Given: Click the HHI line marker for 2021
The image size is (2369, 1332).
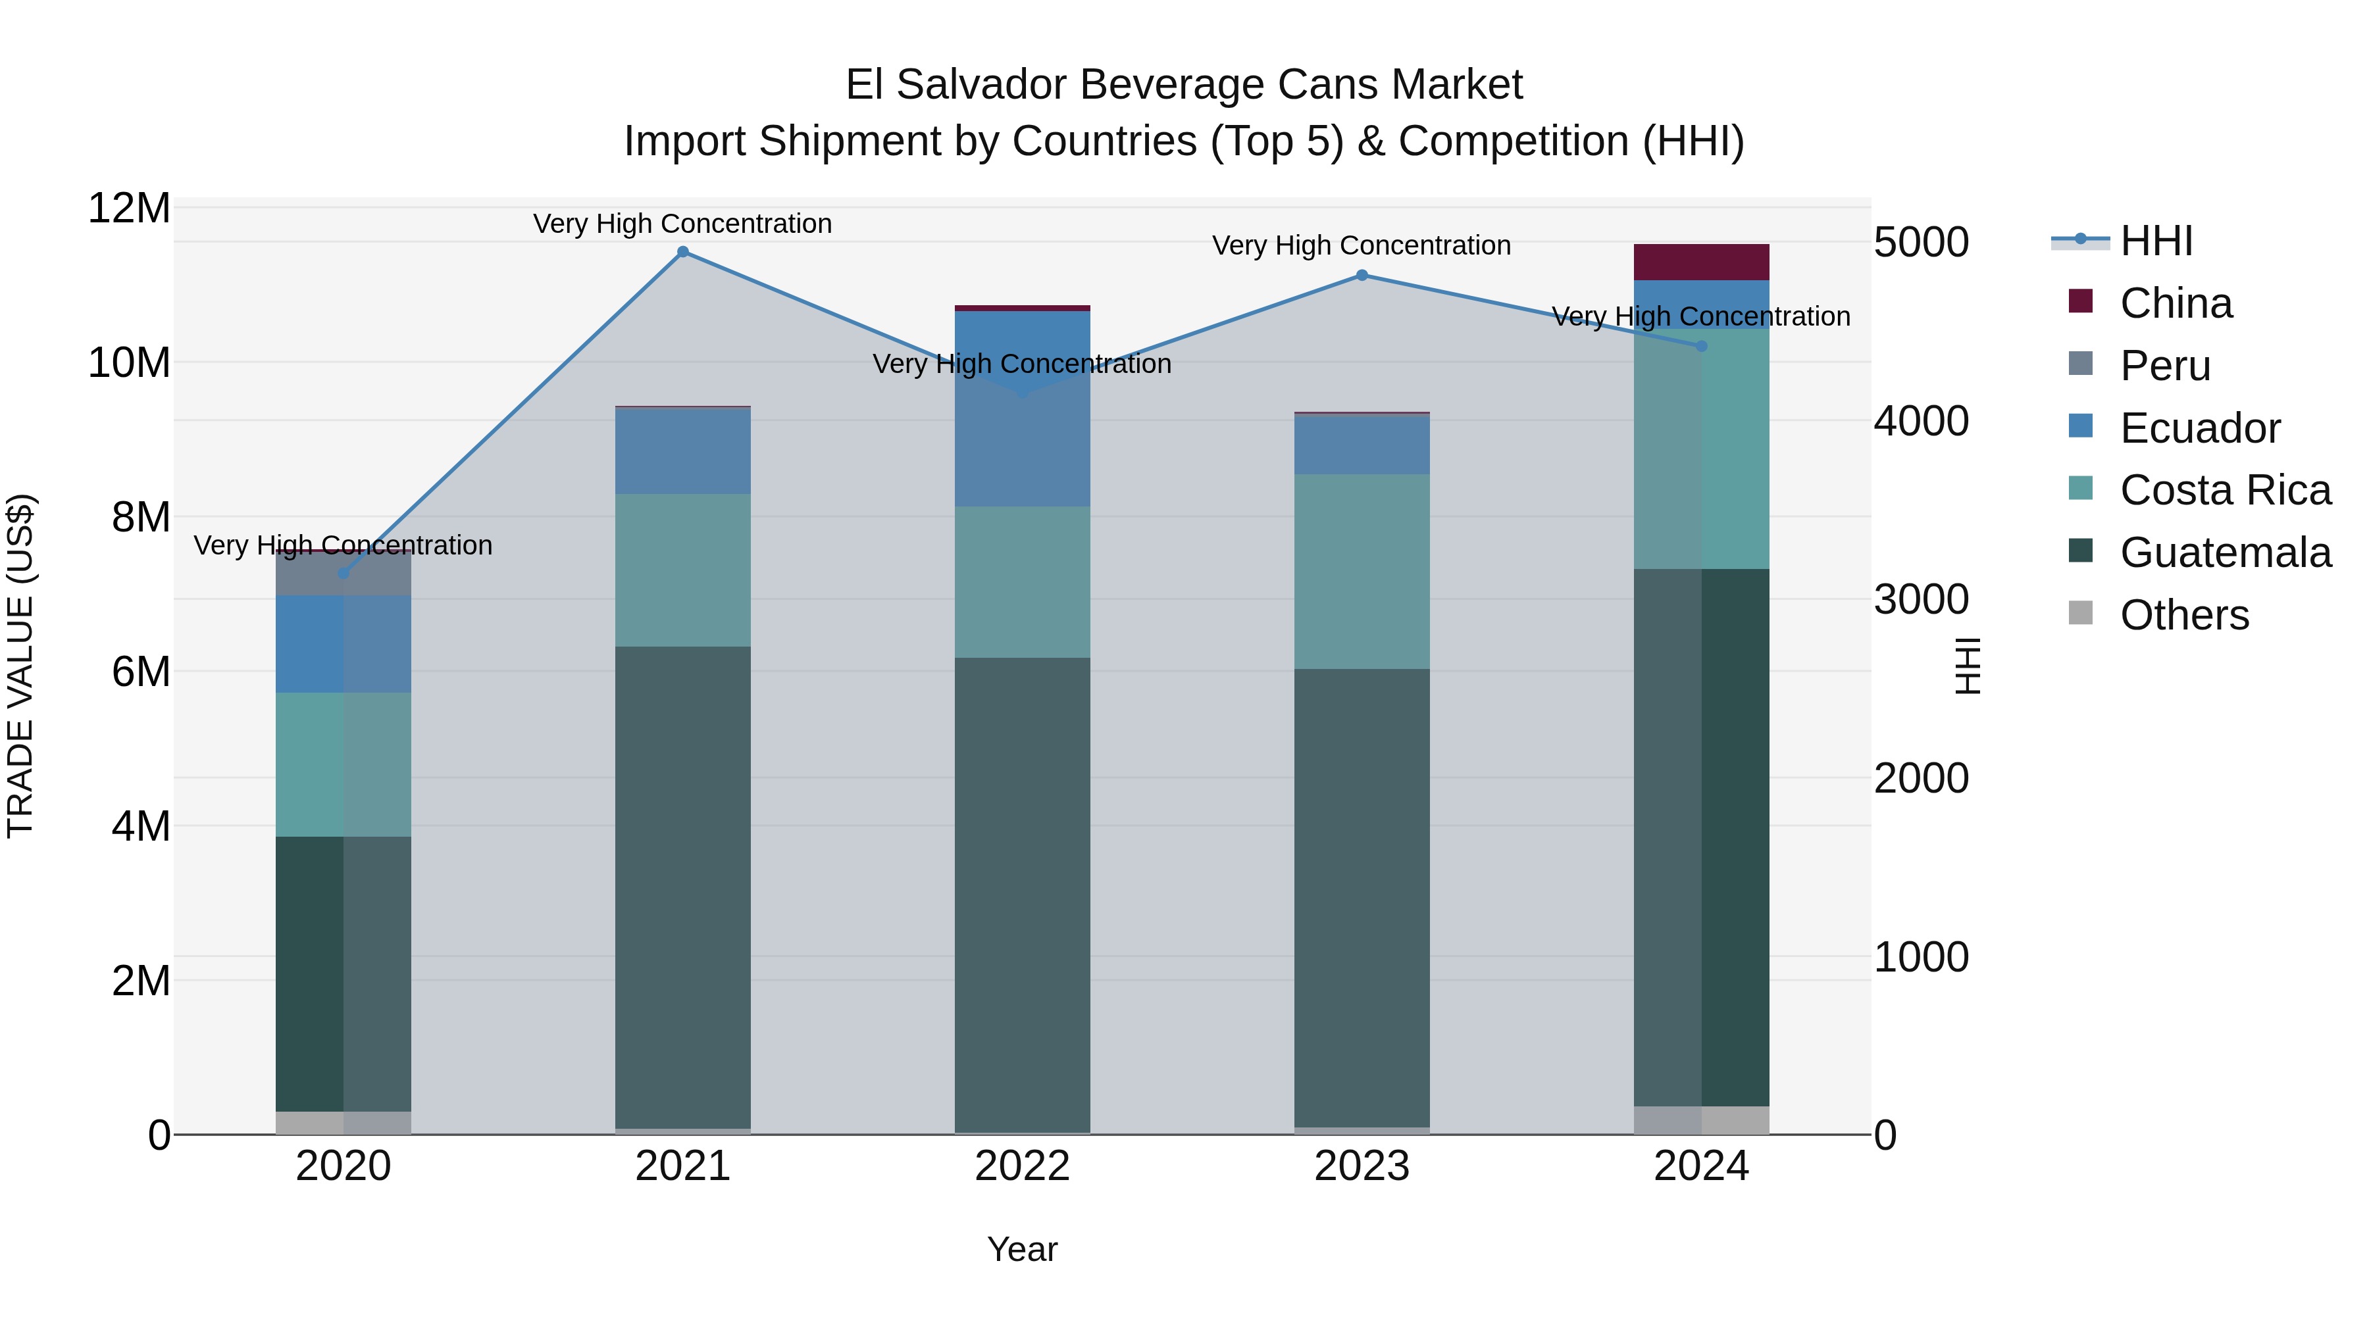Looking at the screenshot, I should coord(682,252).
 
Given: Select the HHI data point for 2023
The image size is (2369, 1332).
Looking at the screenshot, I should coord(1362,275).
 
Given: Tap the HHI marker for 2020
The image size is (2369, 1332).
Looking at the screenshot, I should coord(344,574).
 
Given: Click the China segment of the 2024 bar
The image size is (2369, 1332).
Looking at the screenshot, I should coord(1701,262).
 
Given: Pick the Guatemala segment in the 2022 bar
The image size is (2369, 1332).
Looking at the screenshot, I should coord(1022,892).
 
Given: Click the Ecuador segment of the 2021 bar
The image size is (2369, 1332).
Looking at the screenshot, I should coord(682,451).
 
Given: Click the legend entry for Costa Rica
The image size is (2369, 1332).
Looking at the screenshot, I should coord(2226,490).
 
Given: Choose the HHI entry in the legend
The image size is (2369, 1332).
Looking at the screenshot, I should coord(2156,242).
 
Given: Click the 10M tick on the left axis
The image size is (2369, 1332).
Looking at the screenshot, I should coord(129,363).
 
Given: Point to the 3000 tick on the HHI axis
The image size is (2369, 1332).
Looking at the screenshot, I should coord(1921,599).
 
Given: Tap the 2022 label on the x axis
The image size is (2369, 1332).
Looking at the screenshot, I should coord(1022,1166).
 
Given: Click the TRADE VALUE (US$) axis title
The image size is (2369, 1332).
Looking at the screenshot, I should coord(20,666).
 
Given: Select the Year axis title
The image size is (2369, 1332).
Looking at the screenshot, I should coord(1022,1249).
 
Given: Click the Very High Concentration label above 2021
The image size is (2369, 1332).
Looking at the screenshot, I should coord(682,224).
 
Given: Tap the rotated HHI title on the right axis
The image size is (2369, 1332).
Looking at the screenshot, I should coord(1966,666).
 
